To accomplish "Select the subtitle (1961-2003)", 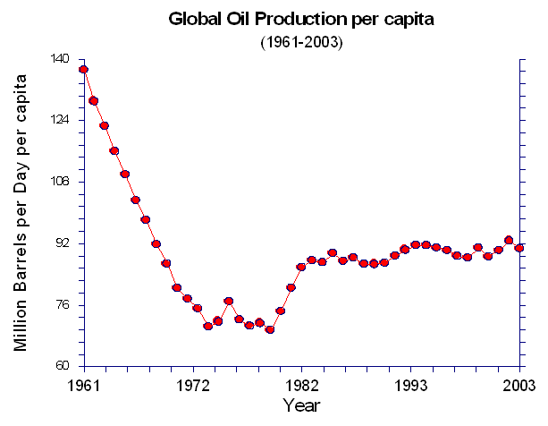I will (300, 41).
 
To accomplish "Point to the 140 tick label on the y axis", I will (59, 59).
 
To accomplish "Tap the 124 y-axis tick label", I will (59, 120).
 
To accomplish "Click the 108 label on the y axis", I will (59, 182).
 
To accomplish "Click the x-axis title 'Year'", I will (300, 405).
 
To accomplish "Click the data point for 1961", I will (82, 69).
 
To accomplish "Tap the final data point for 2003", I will (519, 248).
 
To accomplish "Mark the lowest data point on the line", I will (270, 329).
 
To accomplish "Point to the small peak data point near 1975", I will (229, 301).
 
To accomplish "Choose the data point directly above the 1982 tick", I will (301, 267).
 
